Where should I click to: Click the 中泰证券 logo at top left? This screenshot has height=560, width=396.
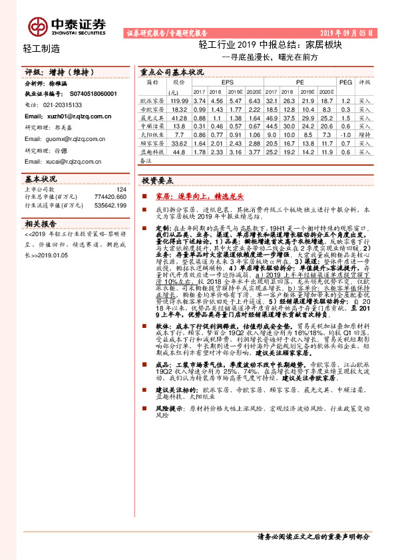pos(67,26)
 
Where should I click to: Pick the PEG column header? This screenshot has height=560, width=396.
pos(345,82)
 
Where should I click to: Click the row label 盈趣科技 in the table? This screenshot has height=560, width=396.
pos(152,151)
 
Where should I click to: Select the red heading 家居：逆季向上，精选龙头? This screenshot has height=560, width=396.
pos(190,197)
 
